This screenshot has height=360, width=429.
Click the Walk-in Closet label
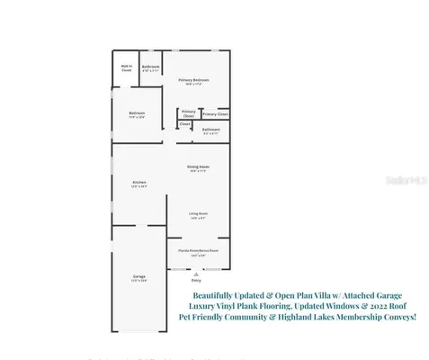point(127,67)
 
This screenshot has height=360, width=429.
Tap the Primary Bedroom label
point(193,81)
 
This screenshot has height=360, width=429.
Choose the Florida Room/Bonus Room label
point(199,252)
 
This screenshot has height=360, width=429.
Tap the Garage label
point(139,278)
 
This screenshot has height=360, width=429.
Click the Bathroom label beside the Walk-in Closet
point(151,67)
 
